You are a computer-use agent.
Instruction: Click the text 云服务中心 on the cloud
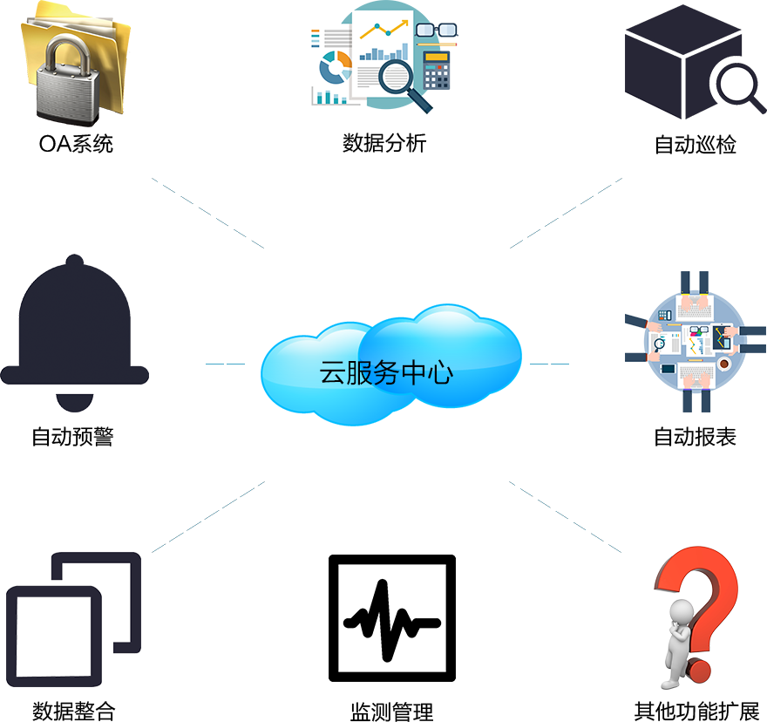tap(386, 373)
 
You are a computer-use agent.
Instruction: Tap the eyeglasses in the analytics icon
tap(436, 29)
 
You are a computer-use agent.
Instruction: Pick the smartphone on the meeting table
tap(668, 369)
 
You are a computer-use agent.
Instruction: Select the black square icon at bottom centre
tap(391, 617)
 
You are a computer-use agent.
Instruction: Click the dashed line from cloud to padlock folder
tap(207, 213)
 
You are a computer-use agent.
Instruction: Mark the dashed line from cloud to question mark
tap(565, 516)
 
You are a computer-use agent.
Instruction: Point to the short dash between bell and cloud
tap(225, 363)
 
